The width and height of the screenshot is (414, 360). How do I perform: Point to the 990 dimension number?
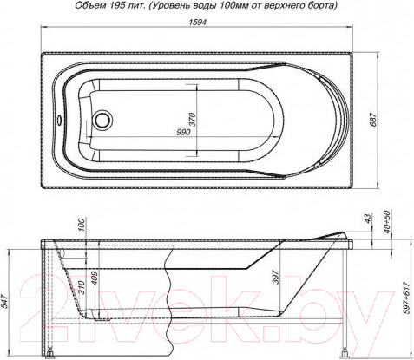coord(182,132)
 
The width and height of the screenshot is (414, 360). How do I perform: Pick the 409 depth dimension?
coord(95,279)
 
